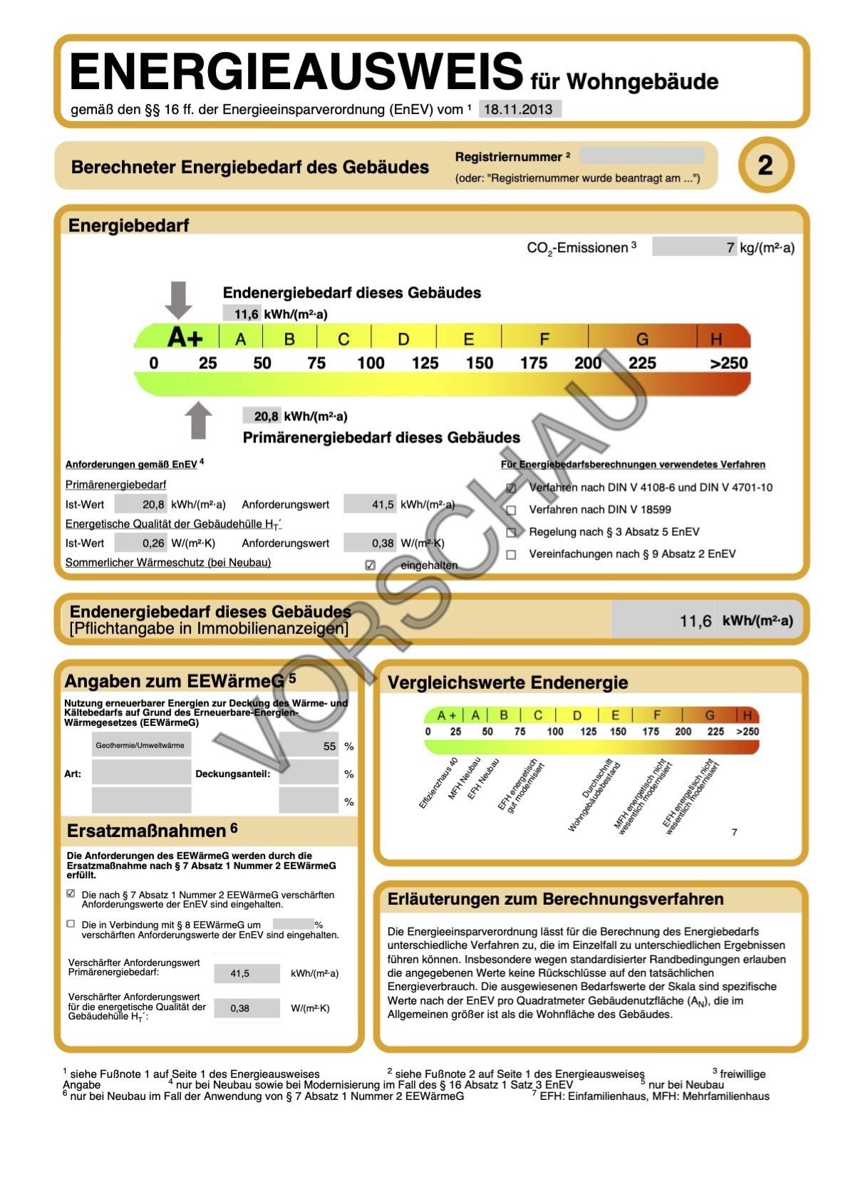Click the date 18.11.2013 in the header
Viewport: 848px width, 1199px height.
click(x=519, y=109)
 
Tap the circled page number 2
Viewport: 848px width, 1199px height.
click(x=765, y=165)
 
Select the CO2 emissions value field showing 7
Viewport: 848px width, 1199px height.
click(x=694, y=247)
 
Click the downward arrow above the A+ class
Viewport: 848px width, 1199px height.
click(x=178, y=299)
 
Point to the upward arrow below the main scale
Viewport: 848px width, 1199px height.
click(x=198, y=420)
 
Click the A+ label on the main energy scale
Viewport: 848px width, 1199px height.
click(x=185, y=338)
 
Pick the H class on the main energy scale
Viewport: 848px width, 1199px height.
click(x=716, y=338)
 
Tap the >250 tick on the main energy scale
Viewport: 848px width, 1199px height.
click(x=728, y=363)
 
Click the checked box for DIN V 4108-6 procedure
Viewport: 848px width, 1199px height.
click(x=511, y=488)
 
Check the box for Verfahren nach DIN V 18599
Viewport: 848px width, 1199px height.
click(x=511, y=510)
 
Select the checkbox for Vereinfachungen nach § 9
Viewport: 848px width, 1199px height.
click(x=511, y=554)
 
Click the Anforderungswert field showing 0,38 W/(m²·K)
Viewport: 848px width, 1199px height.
click(x=369, y=543)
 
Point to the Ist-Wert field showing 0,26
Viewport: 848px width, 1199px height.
click(x=141, y=543)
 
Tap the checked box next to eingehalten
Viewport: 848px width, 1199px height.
click(x=370, y=565)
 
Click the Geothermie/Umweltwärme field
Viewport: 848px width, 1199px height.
click(x=141, y=746)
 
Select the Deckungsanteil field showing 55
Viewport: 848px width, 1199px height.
click(x=309, y=746)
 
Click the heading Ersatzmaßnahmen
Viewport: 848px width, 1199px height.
click(x=146, y=831)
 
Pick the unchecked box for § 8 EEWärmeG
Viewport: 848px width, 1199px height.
click(x=71, y=924)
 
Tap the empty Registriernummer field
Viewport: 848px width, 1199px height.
click(x=641, y=155)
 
